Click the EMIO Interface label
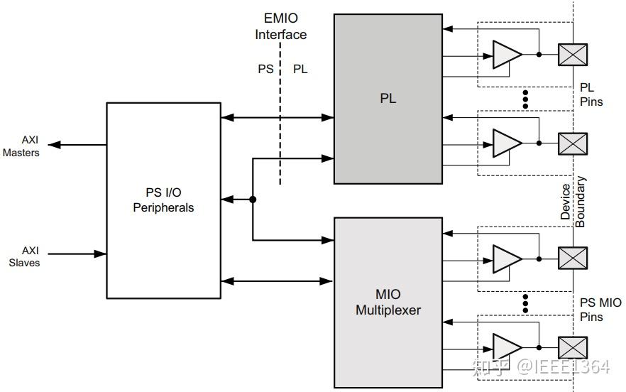[281, 26]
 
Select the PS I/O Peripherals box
[163, 200]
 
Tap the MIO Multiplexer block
[388, 302]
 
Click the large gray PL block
[388, 99]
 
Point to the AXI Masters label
[21, 146]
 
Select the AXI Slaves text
[24, 256]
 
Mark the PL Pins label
[591, 94]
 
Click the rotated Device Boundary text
[572, 205]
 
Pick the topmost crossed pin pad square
[573, 54]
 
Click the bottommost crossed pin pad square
[573, 347]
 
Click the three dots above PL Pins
[525, 99]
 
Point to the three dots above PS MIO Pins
[525, 303]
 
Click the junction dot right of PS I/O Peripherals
[253, 200]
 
